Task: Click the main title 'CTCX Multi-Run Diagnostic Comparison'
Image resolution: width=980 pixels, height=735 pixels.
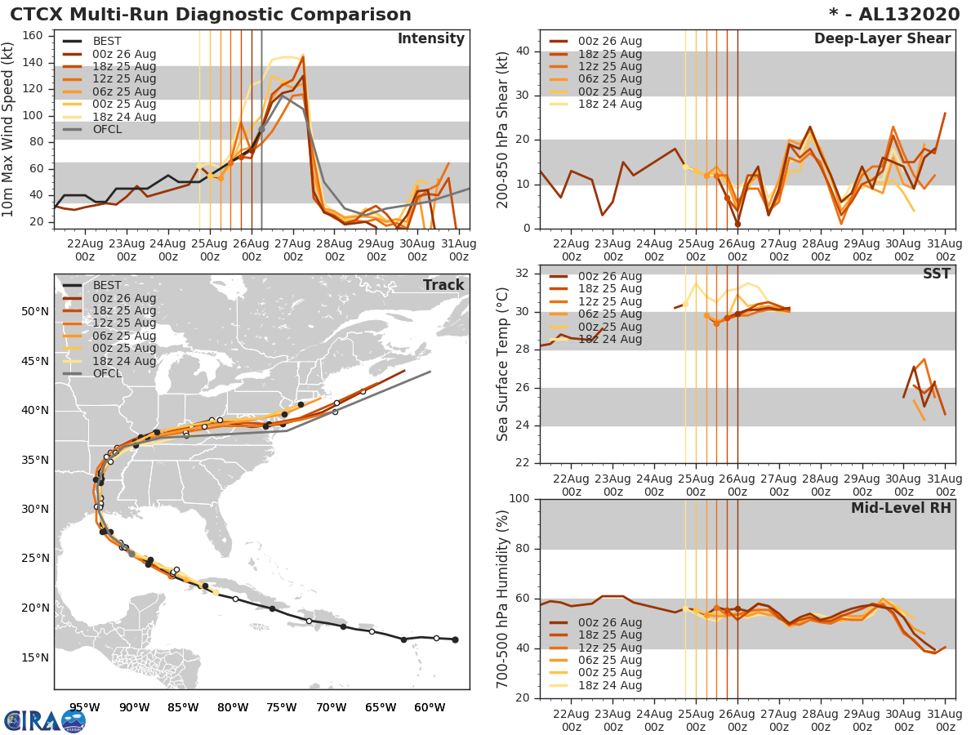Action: [211, 15]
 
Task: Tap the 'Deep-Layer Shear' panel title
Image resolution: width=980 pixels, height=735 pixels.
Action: [882, 39]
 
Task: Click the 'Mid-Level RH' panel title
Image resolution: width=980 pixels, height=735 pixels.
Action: [901, 508]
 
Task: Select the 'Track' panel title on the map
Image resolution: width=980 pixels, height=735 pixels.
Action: [443, 285]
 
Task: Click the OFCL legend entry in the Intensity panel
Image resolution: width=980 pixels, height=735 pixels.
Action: [107, 130]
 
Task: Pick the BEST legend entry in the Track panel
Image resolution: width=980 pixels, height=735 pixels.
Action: [107, 285]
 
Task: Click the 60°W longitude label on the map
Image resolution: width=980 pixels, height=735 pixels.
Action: [430, 707]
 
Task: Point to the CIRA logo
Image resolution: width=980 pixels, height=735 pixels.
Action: [44, 720]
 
